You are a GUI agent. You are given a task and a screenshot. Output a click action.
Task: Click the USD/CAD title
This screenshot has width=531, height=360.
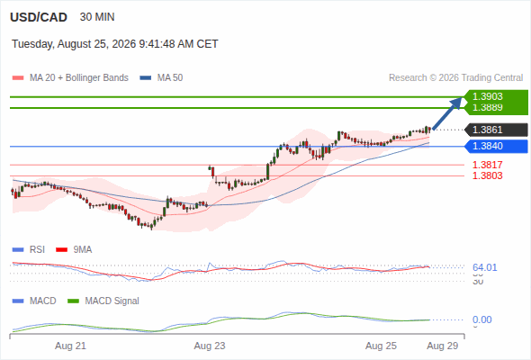click(39, 17)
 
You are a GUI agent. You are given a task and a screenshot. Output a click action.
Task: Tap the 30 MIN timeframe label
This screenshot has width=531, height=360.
click(97, 17)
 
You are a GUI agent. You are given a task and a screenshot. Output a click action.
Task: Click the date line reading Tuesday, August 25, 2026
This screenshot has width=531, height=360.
click(115, 44)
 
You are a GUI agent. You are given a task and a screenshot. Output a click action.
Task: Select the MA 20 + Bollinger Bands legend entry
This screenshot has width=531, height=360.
click(70, 78)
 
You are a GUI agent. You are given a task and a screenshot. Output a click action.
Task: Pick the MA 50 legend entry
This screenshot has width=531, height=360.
click(161, 78)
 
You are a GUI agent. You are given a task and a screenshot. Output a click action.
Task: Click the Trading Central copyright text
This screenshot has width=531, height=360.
click(455, 78)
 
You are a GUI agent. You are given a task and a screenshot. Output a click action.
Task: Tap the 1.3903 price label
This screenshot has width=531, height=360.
click(487, 96)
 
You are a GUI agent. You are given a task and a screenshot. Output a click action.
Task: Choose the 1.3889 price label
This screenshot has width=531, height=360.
click(487, 107)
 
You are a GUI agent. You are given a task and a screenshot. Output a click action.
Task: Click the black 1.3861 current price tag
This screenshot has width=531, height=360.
click(496, 130)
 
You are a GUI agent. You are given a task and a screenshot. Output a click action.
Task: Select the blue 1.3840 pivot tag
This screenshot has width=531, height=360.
click(496, 147)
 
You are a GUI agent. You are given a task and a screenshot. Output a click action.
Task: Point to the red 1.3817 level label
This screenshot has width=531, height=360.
click(487, 165)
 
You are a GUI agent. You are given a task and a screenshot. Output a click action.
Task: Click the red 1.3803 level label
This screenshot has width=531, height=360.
click(487, 175)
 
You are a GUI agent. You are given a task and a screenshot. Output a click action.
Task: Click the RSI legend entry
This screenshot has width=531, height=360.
click(29, 250)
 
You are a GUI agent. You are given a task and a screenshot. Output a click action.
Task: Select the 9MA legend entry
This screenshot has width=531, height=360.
click(74, 250)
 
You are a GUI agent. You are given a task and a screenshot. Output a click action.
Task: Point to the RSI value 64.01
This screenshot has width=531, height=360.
click(485, 267)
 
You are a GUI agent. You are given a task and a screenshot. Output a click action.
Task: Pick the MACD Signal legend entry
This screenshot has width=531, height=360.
click(103, 301)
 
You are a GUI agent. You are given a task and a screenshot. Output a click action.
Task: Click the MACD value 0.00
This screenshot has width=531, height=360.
click(481, 319)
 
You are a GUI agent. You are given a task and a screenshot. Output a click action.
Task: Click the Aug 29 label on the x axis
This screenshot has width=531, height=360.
click(443, 346)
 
